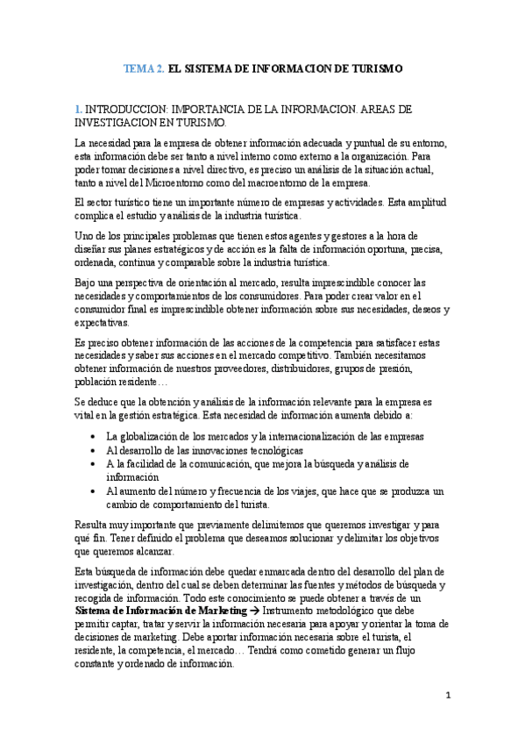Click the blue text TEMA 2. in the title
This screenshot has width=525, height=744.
coord(143,68)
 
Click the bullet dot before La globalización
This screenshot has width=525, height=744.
coord(94,437)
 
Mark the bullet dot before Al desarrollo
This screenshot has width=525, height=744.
coord(94,450)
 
